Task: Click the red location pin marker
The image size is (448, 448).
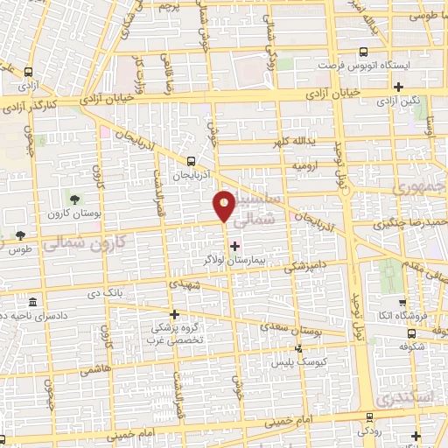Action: click(x=225, y=206)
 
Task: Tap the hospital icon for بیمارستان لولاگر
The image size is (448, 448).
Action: click(x=234, y=246)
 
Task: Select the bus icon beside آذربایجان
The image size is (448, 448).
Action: click(x=192, y=161)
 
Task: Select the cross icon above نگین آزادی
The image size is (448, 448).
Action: click(x=399, y=86)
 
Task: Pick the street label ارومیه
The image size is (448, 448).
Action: click(x=303, y=164)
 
